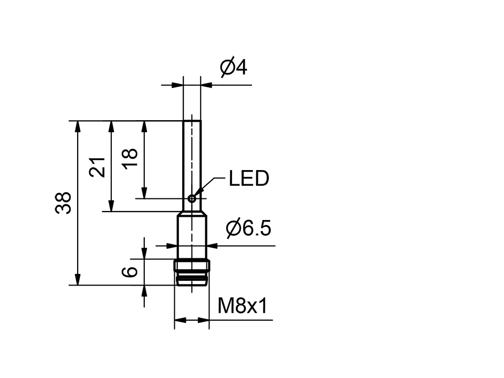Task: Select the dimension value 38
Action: click(x=64, y=203)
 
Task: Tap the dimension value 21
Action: click(x=97, y=167)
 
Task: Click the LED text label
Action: click(x=249, y=179)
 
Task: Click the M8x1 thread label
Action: click(x=243, y=306)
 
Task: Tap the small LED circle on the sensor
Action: click(x=192, y=198)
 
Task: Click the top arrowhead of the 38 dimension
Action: click(x=78, y=126)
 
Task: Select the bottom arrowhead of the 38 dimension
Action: click(x=78, y=279)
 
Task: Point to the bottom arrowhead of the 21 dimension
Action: click(x=111, y=206)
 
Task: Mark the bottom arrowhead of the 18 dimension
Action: click(x=144, y=193)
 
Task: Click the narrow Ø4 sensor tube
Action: click(x=192, y=157)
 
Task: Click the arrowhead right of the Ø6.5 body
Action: click(x=215, y=245)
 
